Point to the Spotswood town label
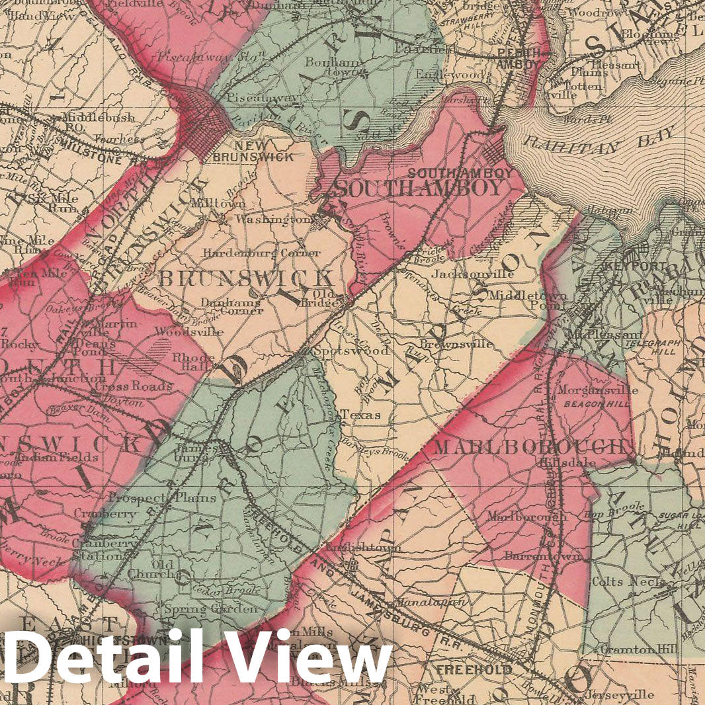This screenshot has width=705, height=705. click(351, 351)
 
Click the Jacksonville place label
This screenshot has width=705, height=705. click(464, 272)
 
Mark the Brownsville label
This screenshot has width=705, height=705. click(456, 344)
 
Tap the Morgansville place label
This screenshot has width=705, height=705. click(589, 390)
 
